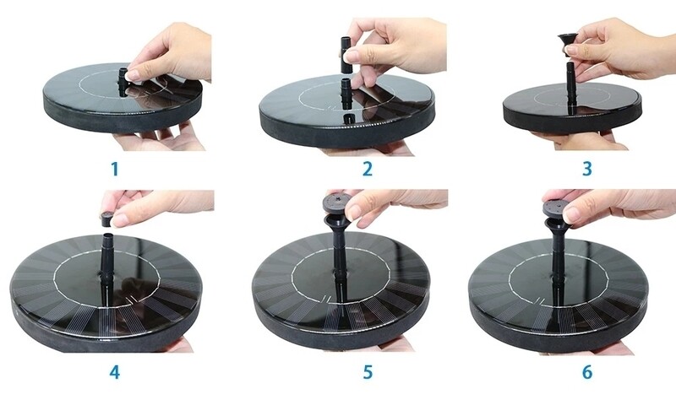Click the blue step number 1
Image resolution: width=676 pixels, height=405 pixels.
(x=115, y=169)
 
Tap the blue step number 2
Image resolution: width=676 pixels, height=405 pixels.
(x=368, y=169)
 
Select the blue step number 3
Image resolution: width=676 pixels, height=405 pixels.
(x=586, y=169)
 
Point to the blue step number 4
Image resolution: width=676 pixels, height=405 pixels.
(x=114, y=372)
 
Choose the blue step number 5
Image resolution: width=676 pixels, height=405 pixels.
(x=368, y=372)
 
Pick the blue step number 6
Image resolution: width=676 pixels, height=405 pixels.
(x=587, y=372)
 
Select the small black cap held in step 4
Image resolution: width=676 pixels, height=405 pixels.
(x=107, y=219)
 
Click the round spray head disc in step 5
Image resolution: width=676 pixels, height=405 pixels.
(x=337, y=202)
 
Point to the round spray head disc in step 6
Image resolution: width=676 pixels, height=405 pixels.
(x=556, y=208)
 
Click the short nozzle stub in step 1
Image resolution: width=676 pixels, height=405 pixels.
(x=123, y=82)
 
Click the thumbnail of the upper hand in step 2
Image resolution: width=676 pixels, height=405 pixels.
(x=352, y=55)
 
